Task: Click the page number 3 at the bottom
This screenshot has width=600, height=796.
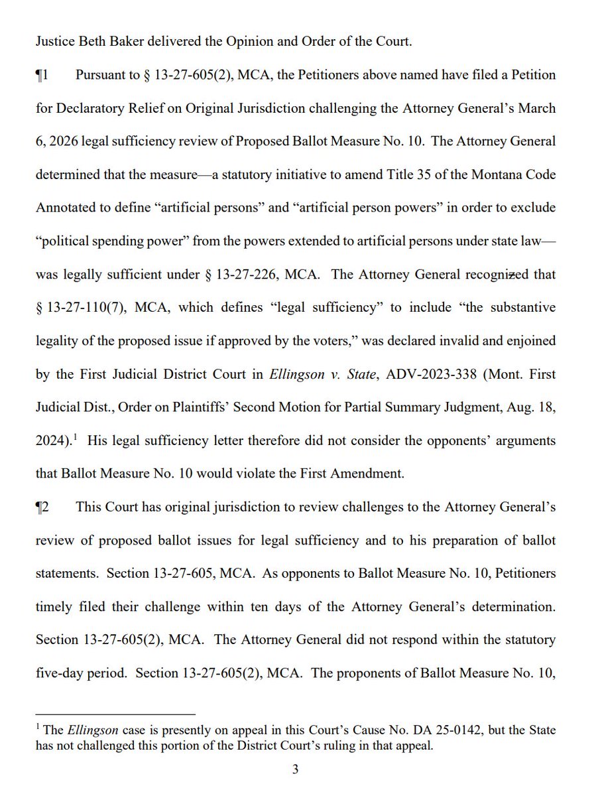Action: (x=296, y=769)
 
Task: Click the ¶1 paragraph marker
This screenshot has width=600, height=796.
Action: (x=42, y=75)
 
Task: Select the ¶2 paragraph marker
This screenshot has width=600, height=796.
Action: (x=42, y=507)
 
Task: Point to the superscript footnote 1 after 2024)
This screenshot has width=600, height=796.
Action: (x=77, y=436)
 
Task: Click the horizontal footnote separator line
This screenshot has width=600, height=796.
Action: (x=116, y=714)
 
